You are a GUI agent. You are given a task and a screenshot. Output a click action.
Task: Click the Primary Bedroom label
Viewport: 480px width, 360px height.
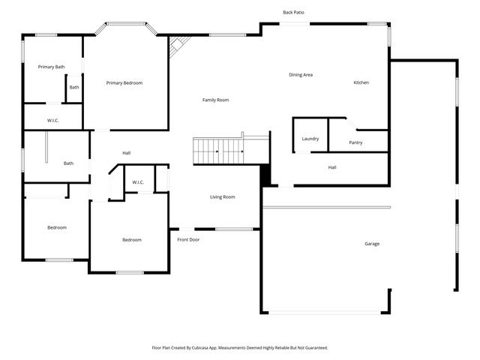click(x=124, y=82)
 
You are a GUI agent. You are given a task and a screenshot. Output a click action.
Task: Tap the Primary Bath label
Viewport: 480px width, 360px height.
click(x=51, y=67)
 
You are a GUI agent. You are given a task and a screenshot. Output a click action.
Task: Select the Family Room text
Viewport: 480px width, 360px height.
click(x=216, y=100)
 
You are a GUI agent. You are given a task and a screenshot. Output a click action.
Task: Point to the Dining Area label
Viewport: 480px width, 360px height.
click(x=301, y=74)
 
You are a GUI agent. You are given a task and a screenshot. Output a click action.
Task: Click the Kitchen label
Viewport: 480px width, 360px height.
click(x=361, y=82)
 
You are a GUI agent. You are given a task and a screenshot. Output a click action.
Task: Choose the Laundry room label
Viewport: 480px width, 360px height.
click(x=310, y=139)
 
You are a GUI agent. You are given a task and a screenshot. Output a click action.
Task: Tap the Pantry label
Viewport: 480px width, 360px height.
click(x=356, y=142)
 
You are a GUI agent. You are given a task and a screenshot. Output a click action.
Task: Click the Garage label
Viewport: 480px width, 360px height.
click(x=372, y=244)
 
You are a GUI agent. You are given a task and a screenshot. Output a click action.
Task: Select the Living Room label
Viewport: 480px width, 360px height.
click(x=222, y=196)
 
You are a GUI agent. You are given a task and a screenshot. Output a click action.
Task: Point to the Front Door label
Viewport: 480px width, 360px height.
click(x=188, y=240)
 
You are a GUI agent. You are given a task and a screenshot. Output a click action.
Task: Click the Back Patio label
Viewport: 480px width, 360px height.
click(x=293, y=13)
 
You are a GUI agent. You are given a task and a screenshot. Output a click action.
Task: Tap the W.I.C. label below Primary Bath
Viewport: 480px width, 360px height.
click(x=53, y=120)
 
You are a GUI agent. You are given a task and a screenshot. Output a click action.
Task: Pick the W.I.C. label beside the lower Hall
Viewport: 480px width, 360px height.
click(x=138, y=182)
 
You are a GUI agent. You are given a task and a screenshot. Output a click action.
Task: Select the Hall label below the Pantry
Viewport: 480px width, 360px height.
click(x=332, y=167)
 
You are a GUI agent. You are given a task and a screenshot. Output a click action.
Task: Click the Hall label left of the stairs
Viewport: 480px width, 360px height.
click(x=127, y=153)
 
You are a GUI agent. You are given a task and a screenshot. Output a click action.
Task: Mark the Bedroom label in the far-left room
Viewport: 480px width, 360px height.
click(x=57, y=227)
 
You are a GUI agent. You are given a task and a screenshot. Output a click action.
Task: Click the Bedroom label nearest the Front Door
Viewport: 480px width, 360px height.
click(x=132, y=240)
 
